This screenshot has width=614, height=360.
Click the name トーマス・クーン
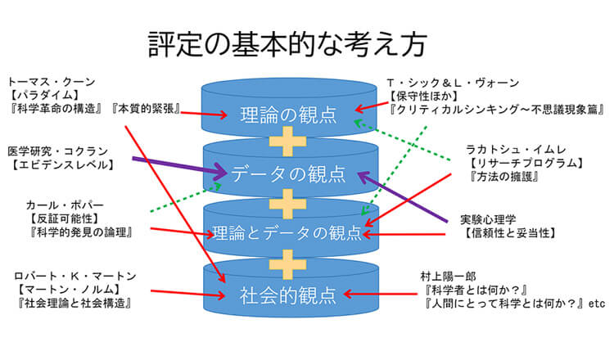coord(51,82)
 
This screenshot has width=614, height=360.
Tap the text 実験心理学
coord(488,219)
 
